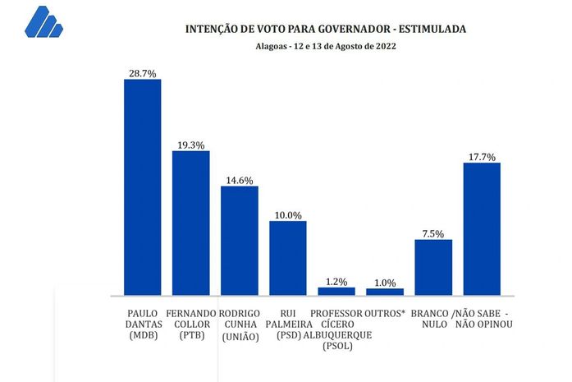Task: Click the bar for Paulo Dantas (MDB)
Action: click(142, 187)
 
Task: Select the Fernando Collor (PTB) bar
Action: click(190, 223)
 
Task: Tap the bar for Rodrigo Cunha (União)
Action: click(240, 241)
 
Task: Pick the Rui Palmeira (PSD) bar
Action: click(288, 258)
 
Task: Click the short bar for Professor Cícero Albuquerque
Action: click(336, 291)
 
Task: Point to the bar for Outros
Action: click(385, 292)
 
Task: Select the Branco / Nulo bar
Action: click(433, 267)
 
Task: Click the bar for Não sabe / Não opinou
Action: click(482, 229)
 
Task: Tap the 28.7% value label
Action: click(142, 73)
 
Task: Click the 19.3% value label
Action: click(190, 145)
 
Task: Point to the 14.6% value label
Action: click(240, 180)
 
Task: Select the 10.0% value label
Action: click(288, 214)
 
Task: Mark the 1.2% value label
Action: click(336, 281)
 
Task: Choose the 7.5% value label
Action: click(433, 233)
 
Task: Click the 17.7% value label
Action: click(482, 157)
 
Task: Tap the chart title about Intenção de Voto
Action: click(327, 29)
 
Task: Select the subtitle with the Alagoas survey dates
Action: click(326, 47)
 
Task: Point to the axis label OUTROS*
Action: click(385, 313)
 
